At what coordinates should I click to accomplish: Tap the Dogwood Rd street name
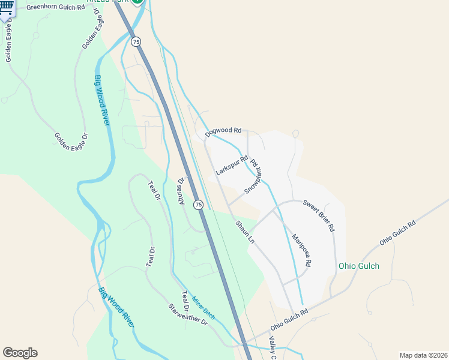pos(223,130)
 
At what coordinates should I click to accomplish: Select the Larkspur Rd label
pos(232,166)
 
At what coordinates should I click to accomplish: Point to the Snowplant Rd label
pos(253,176)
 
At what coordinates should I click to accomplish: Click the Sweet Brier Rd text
pos(318,216)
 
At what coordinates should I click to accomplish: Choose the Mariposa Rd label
pos(301,250)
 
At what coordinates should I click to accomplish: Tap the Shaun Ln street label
pos(245,231)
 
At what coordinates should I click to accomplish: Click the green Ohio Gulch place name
pos(359,266)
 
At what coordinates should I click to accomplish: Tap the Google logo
pos(20,353)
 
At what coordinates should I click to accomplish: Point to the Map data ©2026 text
pos(423,355)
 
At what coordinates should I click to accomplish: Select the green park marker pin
pos(137,2)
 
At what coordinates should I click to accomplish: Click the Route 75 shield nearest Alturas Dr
pos(199,205)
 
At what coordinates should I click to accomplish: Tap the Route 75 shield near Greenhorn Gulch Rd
pos(136,41)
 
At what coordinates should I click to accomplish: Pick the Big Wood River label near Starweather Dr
pos(116,307)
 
